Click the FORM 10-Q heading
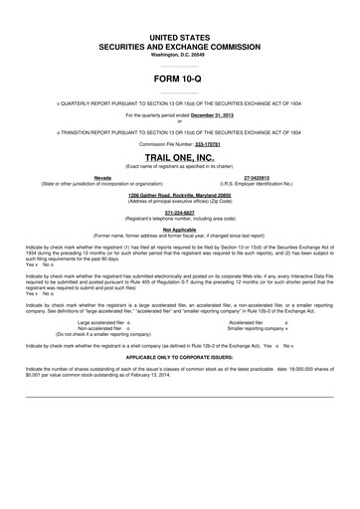[179, 77]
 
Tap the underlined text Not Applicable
[179, 229]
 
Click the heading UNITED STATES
[179, 35]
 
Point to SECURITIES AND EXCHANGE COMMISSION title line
[179, 46]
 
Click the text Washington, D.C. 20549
[179, 54]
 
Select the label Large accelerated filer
[102, 322]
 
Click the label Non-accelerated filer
[100, 328]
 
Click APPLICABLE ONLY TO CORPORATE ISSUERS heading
[179, 354]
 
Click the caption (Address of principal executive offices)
[179, 201]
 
